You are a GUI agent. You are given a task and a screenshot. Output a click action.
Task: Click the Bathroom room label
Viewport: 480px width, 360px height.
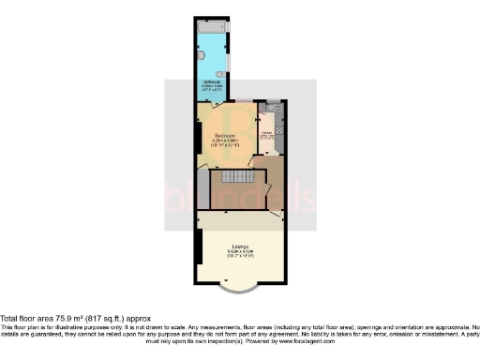[211, 82]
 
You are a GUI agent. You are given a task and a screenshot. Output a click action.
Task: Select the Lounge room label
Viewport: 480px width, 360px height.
[239, 247]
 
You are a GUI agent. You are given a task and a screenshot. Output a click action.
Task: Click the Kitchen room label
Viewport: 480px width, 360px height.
[266, 133]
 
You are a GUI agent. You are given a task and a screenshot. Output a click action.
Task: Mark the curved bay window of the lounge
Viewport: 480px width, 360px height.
[240, 284]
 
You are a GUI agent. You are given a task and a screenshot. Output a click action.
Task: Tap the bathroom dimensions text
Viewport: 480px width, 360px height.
[211, 89]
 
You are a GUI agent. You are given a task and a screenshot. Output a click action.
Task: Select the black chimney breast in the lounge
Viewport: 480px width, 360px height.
[199, 247]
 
